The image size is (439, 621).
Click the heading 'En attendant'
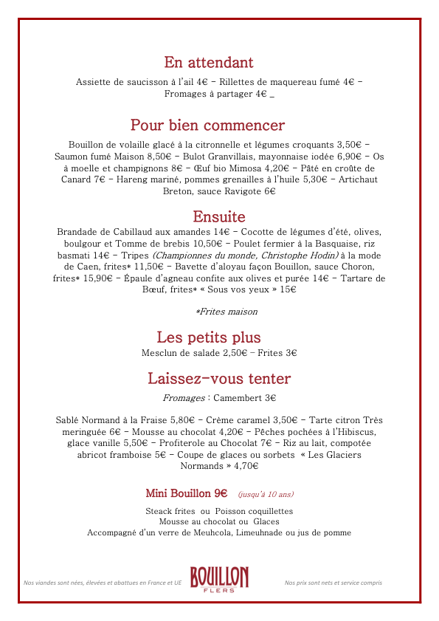(209, 62)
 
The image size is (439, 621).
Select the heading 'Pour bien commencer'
(207, 125)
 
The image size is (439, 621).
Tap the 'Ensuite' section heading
(219, 216)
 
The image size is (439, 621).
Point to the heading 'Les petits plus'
(209, 337)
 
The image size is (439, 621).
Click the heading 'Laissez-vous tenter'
(219, 379)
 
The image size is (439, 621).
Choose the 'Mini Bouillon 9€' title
(186, 493)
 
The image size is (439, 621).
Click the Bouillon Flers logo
(219, 579)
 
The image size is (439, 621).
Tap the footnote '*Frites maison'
(227, 312)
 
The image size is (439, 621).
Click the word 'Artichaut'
(358, 179)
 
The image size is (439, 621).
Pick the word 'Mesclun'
(160, 353)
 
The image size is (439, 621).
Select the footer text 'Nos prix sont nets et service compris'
(333, 583)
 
